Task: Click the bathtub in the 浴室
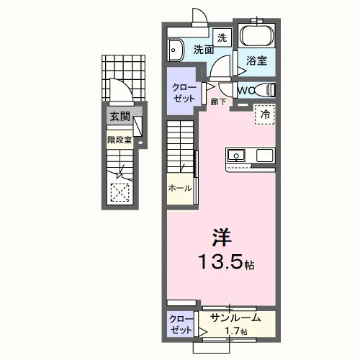(x=256, y=35)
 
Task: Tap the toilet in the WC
(x=264, y=90)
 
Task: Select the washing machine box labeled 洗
(x=222, y=37)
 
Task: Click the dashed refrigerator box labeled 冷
(x=265, y=114)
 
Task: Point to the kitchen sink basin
(x=236, y=156)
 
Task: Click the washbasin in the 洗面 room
(x=175, y=50)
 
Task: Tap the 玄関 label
(x=120, y=117)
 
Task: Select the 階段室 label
(x=120, y=140)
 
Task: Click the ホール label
(x=180, y=188)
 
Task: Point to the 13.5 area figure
(x=220, y=261)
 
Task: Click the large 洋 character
(x=222, y=237)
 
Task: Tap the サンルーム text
(x=235, y=318)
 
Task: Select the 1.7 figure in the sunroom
(x=232, y=331)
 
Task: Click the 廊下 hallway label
(x=218, y=102)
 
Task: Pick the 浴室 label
(x=256, y=60)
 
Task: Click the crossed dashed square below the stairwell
(x=120, y=192)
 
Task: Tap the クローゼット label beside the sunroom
(x=181, y=325)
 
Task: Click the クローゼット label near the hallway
(x=184, y=93)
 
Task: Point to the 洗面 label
(x=204, y=50)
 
